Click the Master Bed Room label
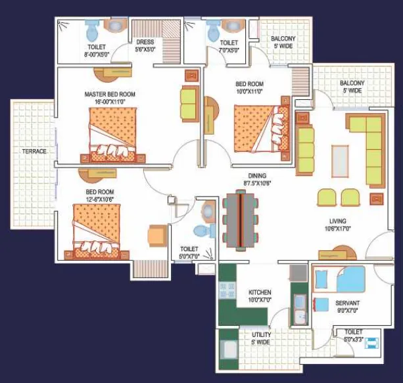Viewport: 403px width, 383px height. coord(110,95)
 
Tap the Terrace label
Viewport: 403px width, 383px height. coord(34,151)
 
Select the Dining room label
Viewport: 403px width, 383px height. coord(257,176)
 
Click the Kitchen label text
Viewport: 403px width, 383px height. coord(260,292)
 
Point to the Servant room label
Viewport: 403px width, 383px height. coord(347,303)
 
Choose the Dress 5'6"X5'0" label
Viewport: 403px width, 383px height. coord(145,46)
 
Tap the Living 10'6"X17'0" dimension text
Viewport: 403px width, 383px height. coord(338,229)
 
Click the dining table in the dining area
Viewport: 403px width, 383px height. coord(241,220)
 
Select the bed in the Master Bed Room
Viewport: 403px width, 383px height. coord(113,135)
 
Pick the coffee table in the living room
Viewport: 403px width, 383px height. coord(340,161)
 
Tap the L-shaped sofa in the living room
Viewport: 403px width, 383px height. coord(366,150)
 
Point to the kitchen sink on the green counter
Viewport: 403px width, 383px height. coord(300,309)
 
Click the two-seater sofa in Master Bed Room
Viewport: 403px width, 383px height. coord(190,104)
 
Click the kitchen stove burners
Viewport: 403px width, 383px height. coord(227,290)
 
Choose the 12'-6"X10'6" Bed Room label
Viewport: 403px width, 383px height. coord(100,195)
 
